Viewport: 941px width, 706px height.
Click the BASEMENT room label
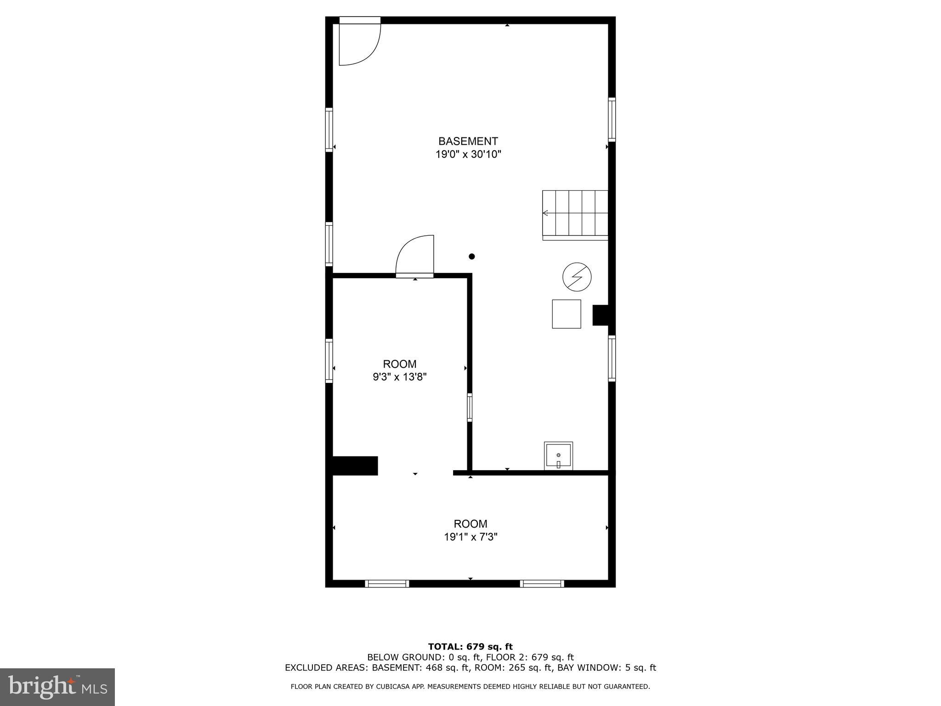pyautogui.click(x=468, y=141)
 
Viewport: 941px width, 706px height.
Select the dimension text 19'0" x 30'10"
pyautogui.click(x=468, y=154)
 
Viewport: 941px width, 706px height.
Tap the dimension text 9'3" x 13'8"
pyautogui.click(x=400, y=377)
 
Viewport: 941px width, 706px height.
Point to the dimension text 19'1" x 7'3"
pyautogui.click(x=470, y=537)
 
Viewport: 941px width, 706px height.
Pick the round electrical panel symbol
pyautogui.click(x=577, y=277)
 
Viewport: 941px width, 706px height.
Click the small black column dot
pyautogui.click(x=471, y=256)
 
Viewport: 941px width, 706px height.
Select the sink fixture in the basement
pyautogui.click(x=558, y=455)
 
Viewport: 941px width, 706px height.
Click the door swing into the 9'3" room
pyautogui.click(x=415, y=256)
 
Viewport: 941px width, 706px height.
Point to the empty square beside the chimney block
pyautogui.click(x=566, y=314)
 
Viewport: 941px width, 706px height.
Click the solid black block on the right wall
pyautogui.click(x=601, y=315)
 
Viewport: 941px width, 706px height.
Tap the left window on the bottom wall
pyautogui.click(x=387, y=584)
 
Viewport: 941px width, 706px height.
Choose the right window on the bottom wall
pyautogui.click(x=542, y=584)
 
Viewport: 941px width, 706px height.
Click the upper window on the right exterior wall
pyautogui.click(x=612, y=120)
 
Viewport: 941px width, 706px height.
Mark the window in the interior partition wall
pyautogui.click(x=470, y=407)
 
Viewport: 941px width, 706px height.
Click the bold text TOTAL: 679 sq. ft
pyautogui.click(x=470, y=647)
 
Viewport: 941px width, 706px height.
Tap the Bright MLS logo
pyautogui.click(x=57, y=687)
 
